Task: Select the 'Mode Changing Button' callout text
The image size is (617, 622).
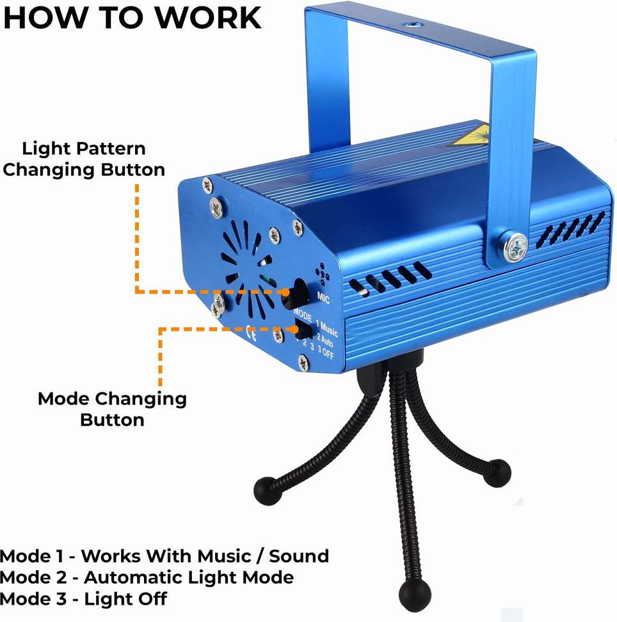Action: click(112, 409)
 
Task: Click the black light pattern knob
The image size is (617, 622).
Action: click(298, 292)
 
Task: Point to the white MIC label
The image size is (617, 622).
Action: click(324, 296)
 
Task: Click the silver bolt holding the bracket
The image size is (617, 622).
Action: click(515, 246)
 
